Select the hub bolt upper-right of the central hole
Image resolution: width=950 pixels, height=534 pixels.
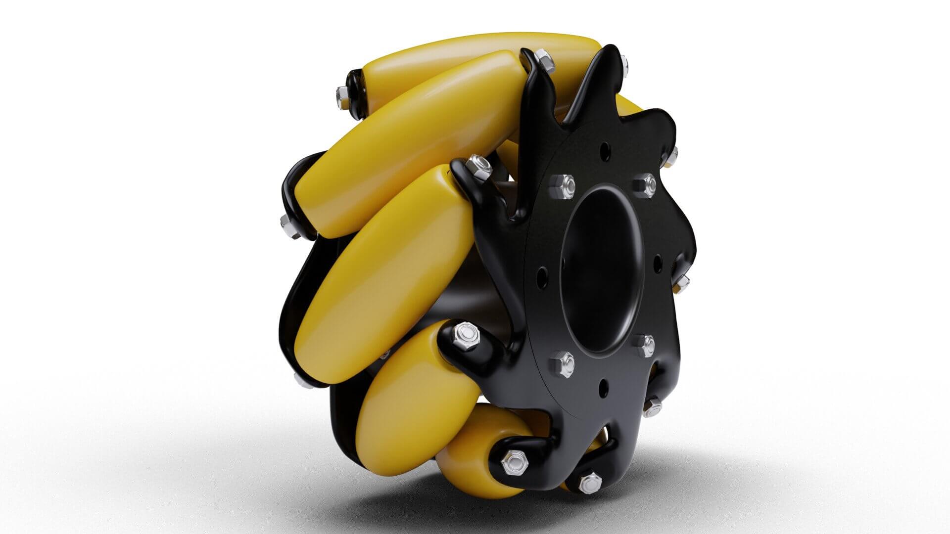pyautogui.click(x=645, y=183)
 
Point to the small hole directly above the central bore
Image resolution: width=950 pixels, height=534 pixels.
pyautogui.click(x=605, y=148)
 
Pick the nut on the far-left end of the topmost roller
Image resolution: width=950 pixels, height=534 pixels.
pyautogui.click(x=343, y=91)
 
